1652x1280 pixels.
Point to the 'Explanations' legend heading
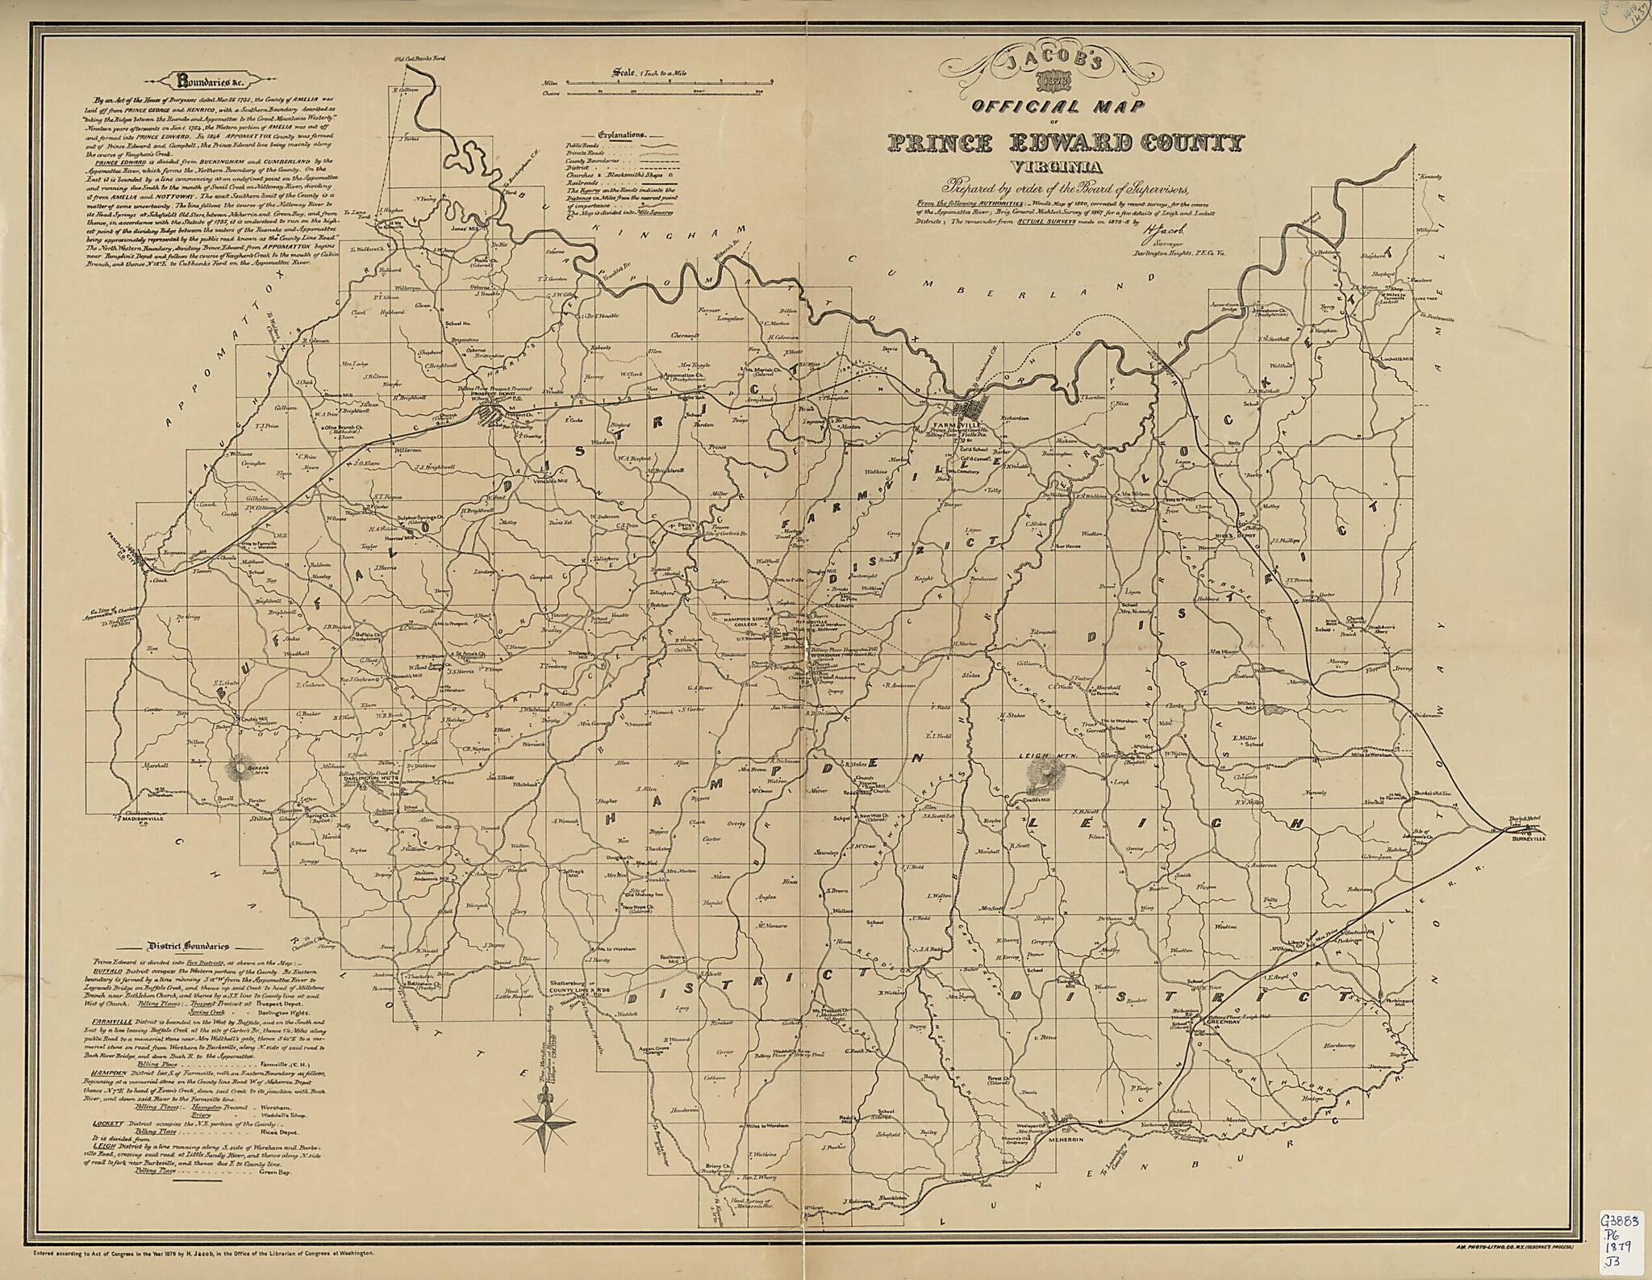click(621, 136)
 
